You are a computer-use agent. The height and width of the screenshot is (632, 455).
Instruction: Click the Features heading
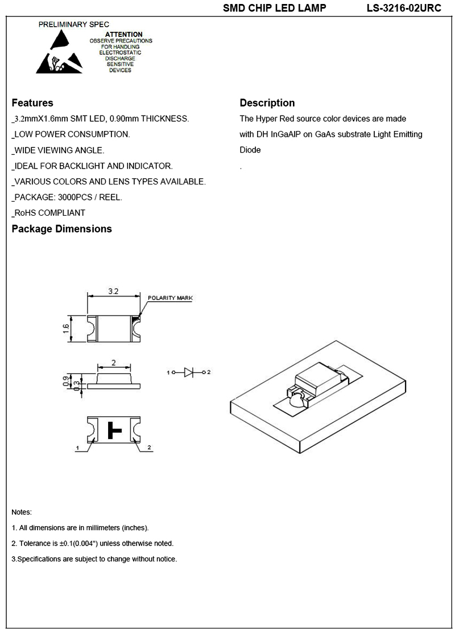(32, 103)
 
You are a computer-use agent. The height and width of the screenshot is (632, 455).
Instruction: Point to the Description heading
(267, 103)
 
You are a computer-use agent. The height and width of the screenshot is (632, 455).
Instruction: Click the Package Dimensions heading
(61, 229)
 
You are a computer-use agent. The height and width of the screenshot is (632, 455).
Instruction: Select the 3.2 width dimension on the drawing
(113, 292)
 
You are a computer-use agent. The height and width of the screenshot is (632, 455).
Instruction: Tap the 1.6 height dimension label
(66, 329)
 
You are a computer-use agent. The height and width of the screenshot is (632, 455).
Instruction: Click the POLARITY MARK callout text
(170, 298)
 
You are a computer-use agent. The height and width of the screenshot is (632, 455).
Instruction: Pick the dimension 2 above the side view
(114, 363)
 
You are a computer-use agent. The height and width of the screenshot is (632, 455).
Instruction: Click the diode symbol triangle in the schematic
(189, 372)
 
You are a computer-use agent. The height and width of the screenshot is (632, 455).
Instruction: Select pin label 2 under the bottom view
(149, 448)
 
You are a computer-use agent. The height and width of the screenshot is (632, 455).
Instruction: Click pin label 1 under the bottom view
(77, 449)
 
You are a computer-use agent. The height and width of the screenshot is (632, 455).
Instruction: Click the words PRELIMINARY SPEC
(65, 25)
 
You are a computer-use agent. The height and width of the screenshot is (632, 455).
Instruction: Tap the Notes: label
(22, 512)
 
